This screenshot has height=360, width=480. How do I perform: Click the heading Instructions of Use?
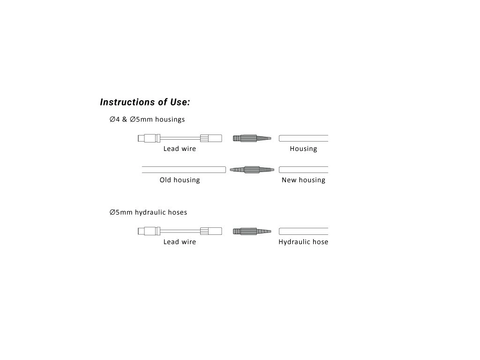[145, 102]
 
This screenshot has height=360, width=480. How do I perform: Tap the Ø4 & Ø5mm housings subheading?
[147, 120]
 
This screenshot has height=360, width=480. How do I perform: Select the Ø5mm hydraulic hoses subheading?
[148, 212]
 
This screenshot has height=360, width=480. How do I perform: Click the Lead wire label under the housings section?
[180, 149]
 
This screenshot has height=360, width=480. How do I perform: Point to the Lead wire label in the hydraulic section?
[180, 242]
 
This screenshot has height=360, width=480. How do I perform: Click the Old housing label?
[180, 180]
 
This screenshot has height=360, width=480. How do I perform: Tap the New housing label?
[303, 180]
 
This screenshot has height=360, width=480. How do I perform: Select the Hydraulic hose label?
[303, 242]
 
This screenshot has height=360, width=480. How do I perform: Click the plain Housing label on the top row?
[303, 149]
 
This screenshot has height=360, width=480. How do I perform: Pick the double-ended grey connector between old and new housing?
[252, 170]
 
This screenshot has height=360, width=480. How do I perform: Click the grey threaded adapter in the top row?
[252, 138]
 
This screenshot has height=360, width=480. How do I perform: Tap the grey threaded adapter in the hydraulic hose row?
[252, 232]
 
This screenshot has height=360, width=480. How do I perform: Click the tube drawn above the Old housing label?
[184, 170]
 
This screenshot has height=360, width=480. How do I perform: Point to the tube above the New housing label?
[303, 170]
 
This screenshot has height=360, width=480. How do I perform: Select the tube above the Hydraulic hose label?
[303, 232]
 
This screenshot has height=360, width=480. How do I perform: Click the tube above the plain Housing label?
[303, 138]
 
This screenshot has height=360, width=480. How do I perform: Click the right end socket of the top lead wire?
[211, 138]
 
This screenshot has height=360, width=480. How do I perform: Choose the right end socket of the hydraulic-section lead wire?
[211, 232]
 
